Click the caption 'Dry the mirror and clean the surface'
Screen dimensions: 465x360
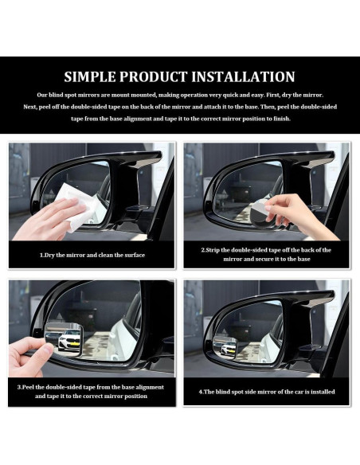93,255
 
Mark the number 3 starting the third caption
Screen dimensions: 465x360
20,386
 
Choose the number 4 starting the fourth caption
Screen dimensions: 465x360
200,391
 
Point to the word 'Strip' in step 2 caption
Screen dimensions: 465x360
215,249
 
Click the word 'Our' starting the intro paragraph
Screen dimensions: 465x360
42,95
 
